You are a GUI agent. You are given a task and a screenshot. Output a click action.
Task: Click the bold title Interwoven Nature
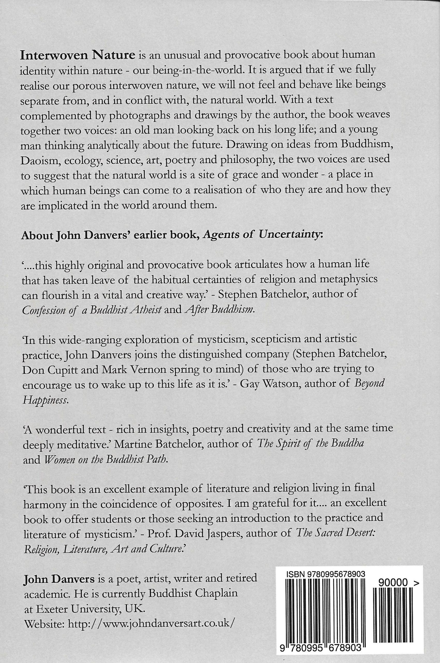[x=78, y=55]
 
